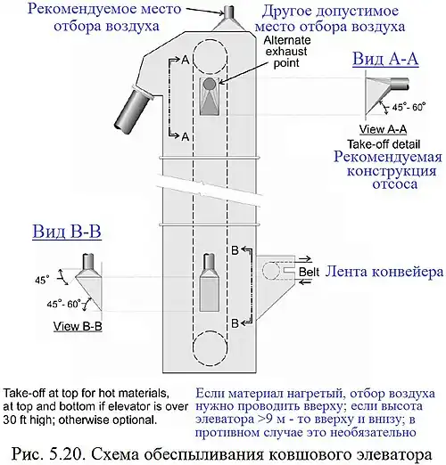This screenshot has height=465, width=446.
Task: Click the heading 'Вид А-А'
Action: (x=385, y=59)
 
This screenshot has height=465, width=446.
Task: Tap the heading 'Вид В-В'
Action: (x=67, y=231)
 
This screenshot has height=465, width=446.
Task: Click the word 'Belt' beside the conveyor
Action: (x=309, y=272)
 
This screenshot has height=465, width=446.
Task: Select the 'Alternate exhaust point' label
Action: (x=286, y=52)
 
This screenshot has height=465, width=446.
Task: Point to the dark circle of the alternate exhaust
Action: (x=209, y=85)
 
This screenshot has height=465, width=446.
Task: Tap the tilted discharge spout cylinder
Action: (x=132, y=109)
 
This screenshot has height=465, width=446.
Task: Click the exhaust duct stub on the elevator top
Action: (x=229, y=12)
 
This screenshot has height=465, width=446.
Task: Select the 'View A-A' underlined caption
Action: (x=383, y=129)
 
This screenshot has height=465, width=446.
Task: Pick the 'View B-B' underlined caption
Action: (x=78, y=327)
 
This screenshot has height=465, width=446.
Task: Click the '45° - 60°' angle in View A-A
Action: (x=409, y=107)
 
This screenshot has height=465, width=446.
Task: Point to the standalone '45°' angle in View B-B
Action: (x=42, y=280)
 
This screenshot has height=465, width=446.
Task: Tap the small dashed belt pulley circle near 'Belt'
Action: (x=271, y=271)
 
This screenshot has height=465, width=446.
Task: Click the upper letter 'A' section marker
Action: (x=186, y=61)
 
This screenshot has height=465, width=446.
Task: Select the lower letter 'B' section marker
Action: (x=235, y=322)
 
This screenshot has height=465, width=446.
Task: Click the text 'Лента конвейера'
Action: (x=384, y=272)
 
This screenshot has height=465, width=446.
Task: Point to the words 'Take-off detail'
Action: (x=384, y=144)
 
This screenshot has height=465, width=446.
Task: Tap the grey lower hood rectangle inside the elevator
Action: (x=210, y=294)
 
